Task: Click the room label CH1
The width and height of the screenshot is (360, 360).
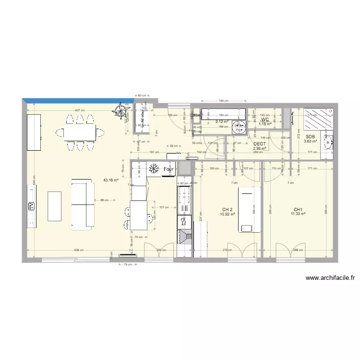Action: point(298,210)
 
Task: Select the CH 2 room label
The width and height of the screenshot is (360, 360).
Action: point(227,210)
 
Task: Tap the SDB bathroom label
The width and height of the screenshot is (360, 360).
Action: point(310,136)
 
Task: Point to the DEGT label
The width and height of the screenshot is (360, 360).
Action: point(259,144)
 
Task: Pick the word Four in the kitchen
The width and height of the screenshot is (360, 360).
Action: point(168,169)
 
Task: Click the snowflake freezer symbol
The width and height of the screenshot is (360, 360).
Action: point(154,169)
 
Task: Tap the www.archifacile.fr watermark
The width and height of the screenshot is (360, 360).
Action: point(329,277)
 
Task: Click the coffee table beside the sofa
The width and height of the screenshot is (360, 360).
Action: point(54,206)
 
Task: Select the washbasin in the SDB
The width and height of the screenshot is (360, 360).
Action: point(328,141)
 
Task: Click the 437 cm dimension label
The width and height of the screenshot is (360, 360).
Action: point(80,110)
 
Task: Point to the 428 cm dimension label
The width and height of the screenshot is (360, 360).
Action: point(79,250)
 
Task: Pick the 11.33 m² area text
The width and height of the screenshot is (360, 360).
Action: point(298,215)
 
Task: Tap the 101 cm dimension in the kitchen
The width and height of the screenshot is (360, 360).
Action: point(164,208)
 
